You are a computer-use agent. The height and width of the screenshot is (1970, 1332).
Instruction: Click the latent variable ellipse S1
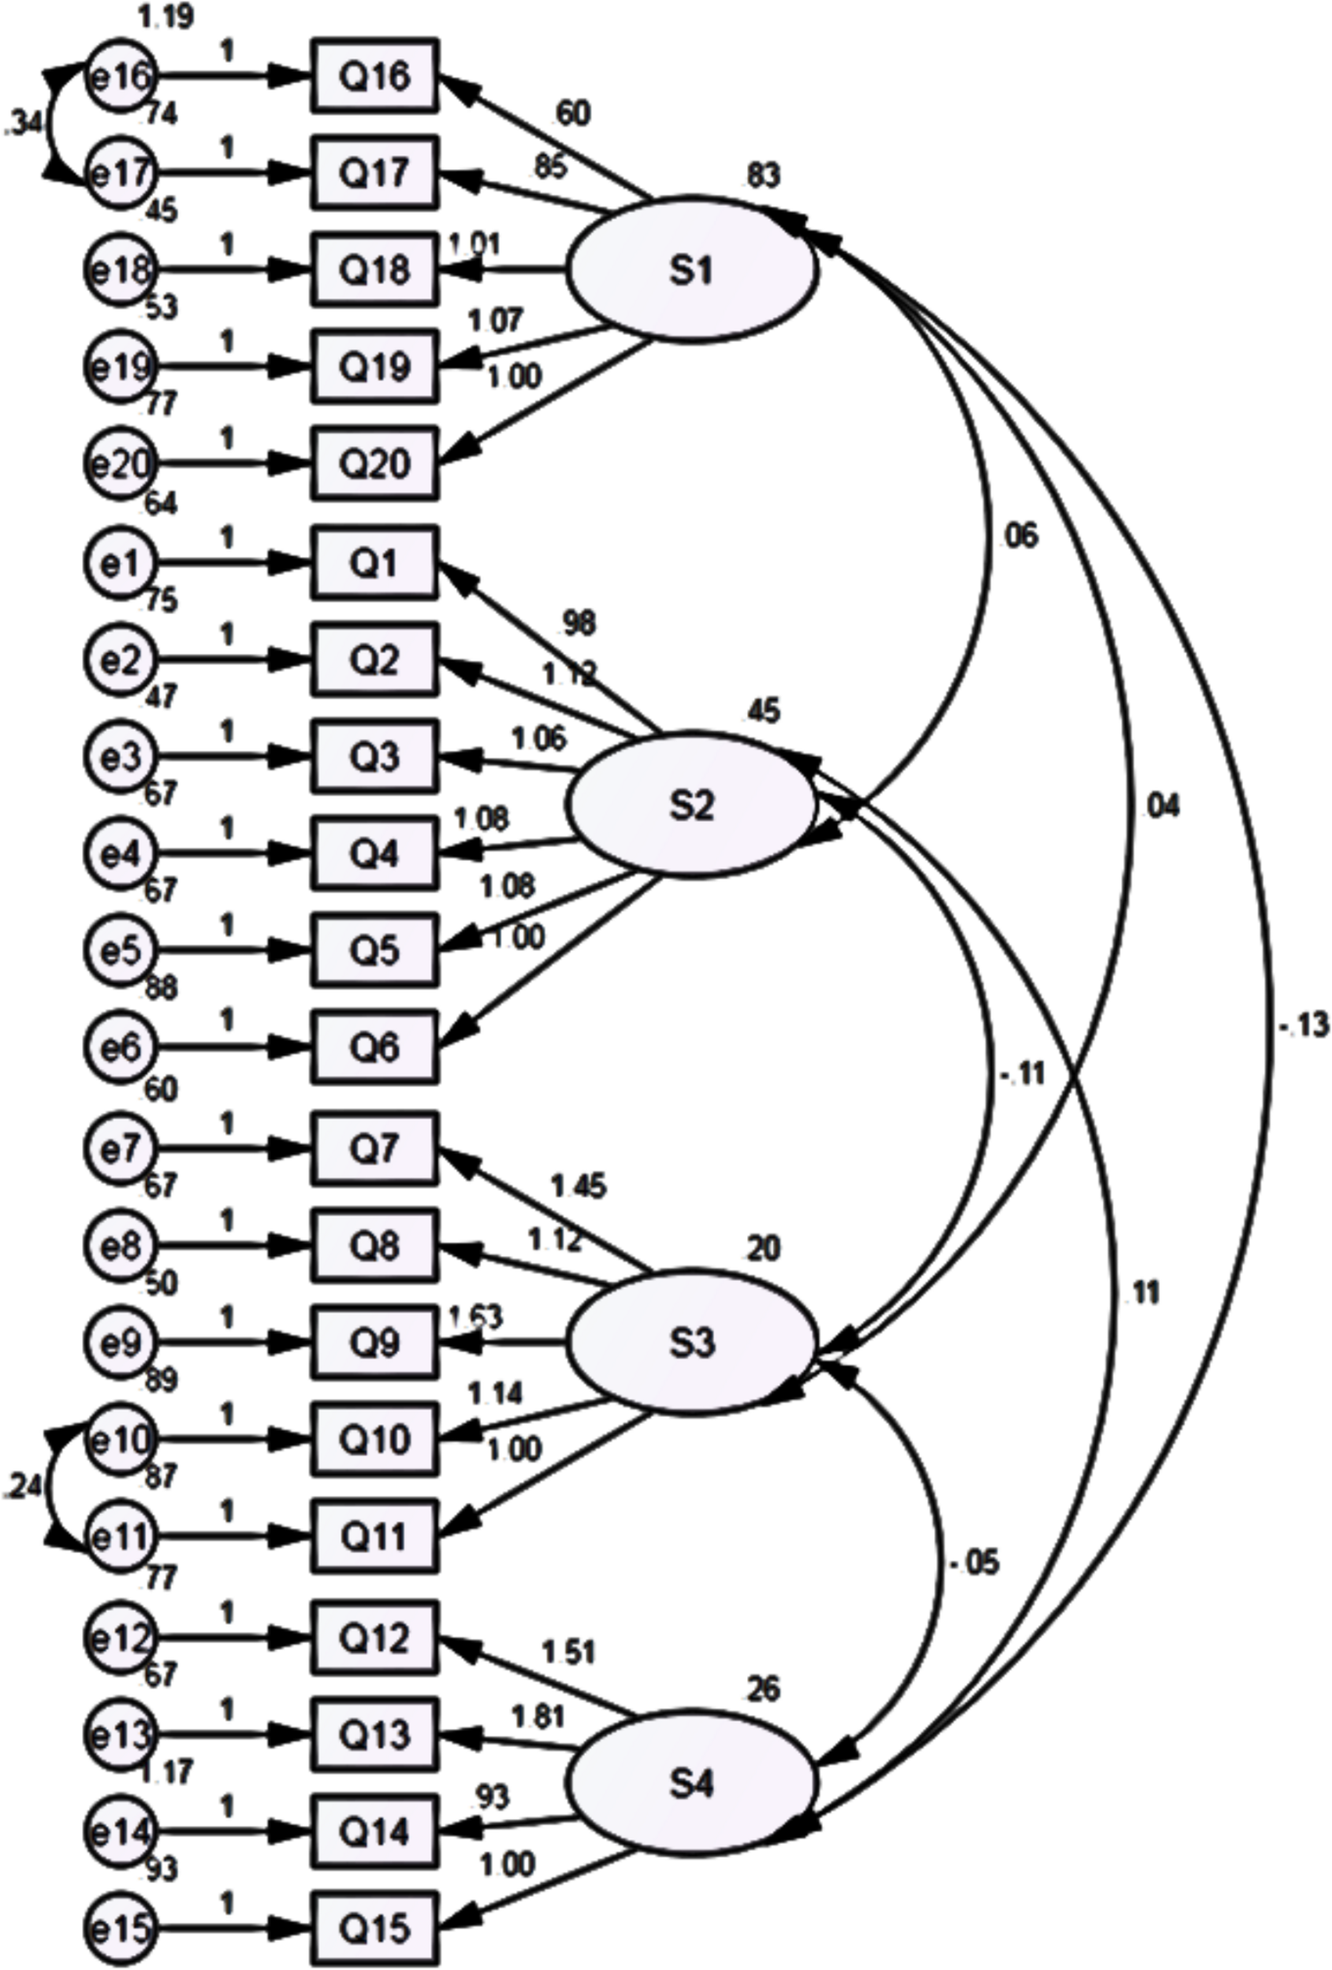(691, 270)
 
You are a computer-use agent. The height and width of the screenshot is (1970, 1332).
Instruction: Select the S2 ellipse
(691, 805)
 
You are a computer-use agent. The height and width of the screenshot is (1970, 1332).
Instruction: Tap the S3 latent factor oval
(691, 1342)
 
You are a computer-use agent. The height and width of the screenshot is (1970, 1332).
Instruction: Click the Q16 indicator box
(374, 76)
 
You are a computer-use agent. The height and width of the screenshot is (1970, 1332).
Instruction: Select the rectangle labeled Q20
(374, 463)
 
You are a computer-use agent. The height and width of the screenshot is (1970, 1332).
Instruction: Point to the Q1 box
(374, 562)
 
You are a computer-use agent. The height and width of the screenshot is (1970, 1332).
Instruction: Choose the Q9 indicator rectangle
(374, 1343)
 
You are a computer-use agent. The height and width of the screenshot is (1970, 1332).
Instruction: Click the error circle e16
(121, 76)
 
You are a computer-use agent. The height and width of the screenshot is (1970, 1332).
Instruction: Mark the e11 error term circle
(121, 1536)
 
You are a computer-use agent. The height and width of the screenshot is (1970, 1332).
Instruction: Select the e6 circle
(121, 1047)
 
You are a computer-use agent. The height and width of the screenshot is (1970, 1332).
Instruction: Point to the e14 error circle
(121, 1832)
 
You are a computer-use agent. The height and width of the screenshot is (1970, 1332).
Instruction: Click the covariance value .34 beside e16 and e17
(23, 125)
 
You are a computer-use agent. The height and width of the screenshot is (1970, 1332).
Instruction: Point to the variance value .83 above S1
(762, 176)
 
